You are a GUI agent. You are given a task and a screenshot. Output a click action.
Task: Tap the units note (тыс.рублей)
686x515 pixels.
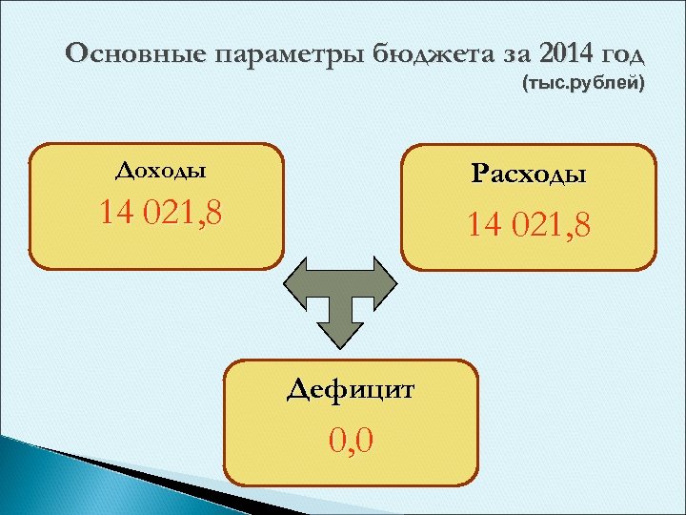coord(583,85)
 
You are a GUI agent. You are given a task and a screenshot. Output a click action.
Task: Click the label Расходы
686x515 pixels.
coord(529,175)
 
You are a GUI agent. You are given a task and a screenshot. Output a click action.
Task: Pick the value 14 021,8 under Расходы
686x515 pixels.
coord(529,226)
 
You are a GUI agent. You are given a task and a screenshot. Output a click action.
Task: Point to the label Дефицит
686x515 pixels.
coord(352,389)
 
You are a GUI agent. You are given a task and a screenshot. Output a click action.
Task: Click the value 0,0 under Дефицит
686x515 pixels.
coord(352,441)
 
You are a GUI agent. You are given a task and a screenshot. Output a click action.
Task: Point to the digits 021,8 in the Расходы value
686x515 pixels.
coord(551,226)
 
